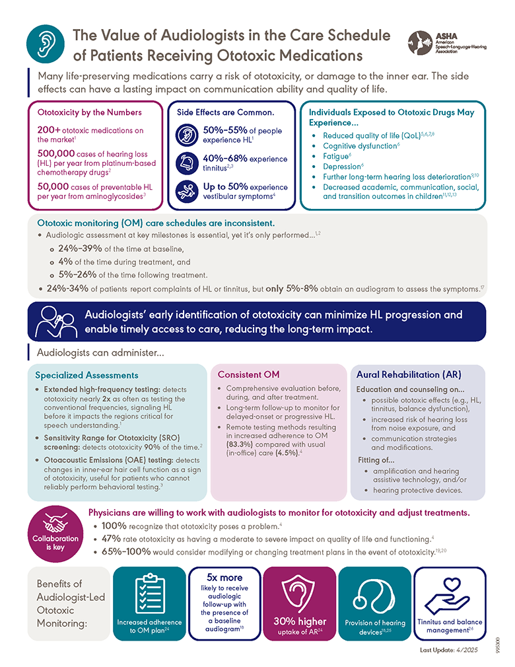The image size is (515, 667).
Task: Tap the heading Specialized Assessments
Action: click(x=86, y=375)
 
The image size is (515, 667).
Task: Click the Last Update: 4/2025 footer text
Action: click(x=450, y=650)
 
